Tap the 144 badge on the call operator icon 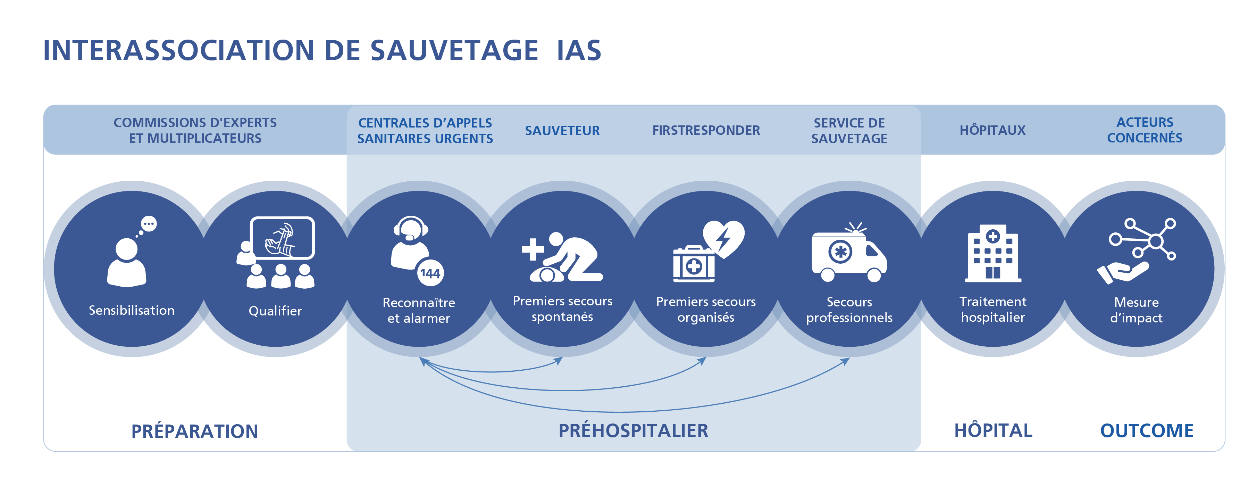point(430,273)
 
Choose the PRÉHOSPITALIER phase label point(633,430)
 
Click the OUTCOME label point(1146,430)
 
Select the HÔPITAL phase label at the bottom point(993,430)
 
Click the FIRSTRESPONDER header point(706,130)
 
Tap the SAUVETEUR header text point(562,130)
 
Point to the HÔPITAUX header point(992,130)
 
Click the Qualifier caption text point(275,311)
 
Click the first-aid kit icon point(693,265)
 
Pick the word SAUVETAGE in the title point(454,50)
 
